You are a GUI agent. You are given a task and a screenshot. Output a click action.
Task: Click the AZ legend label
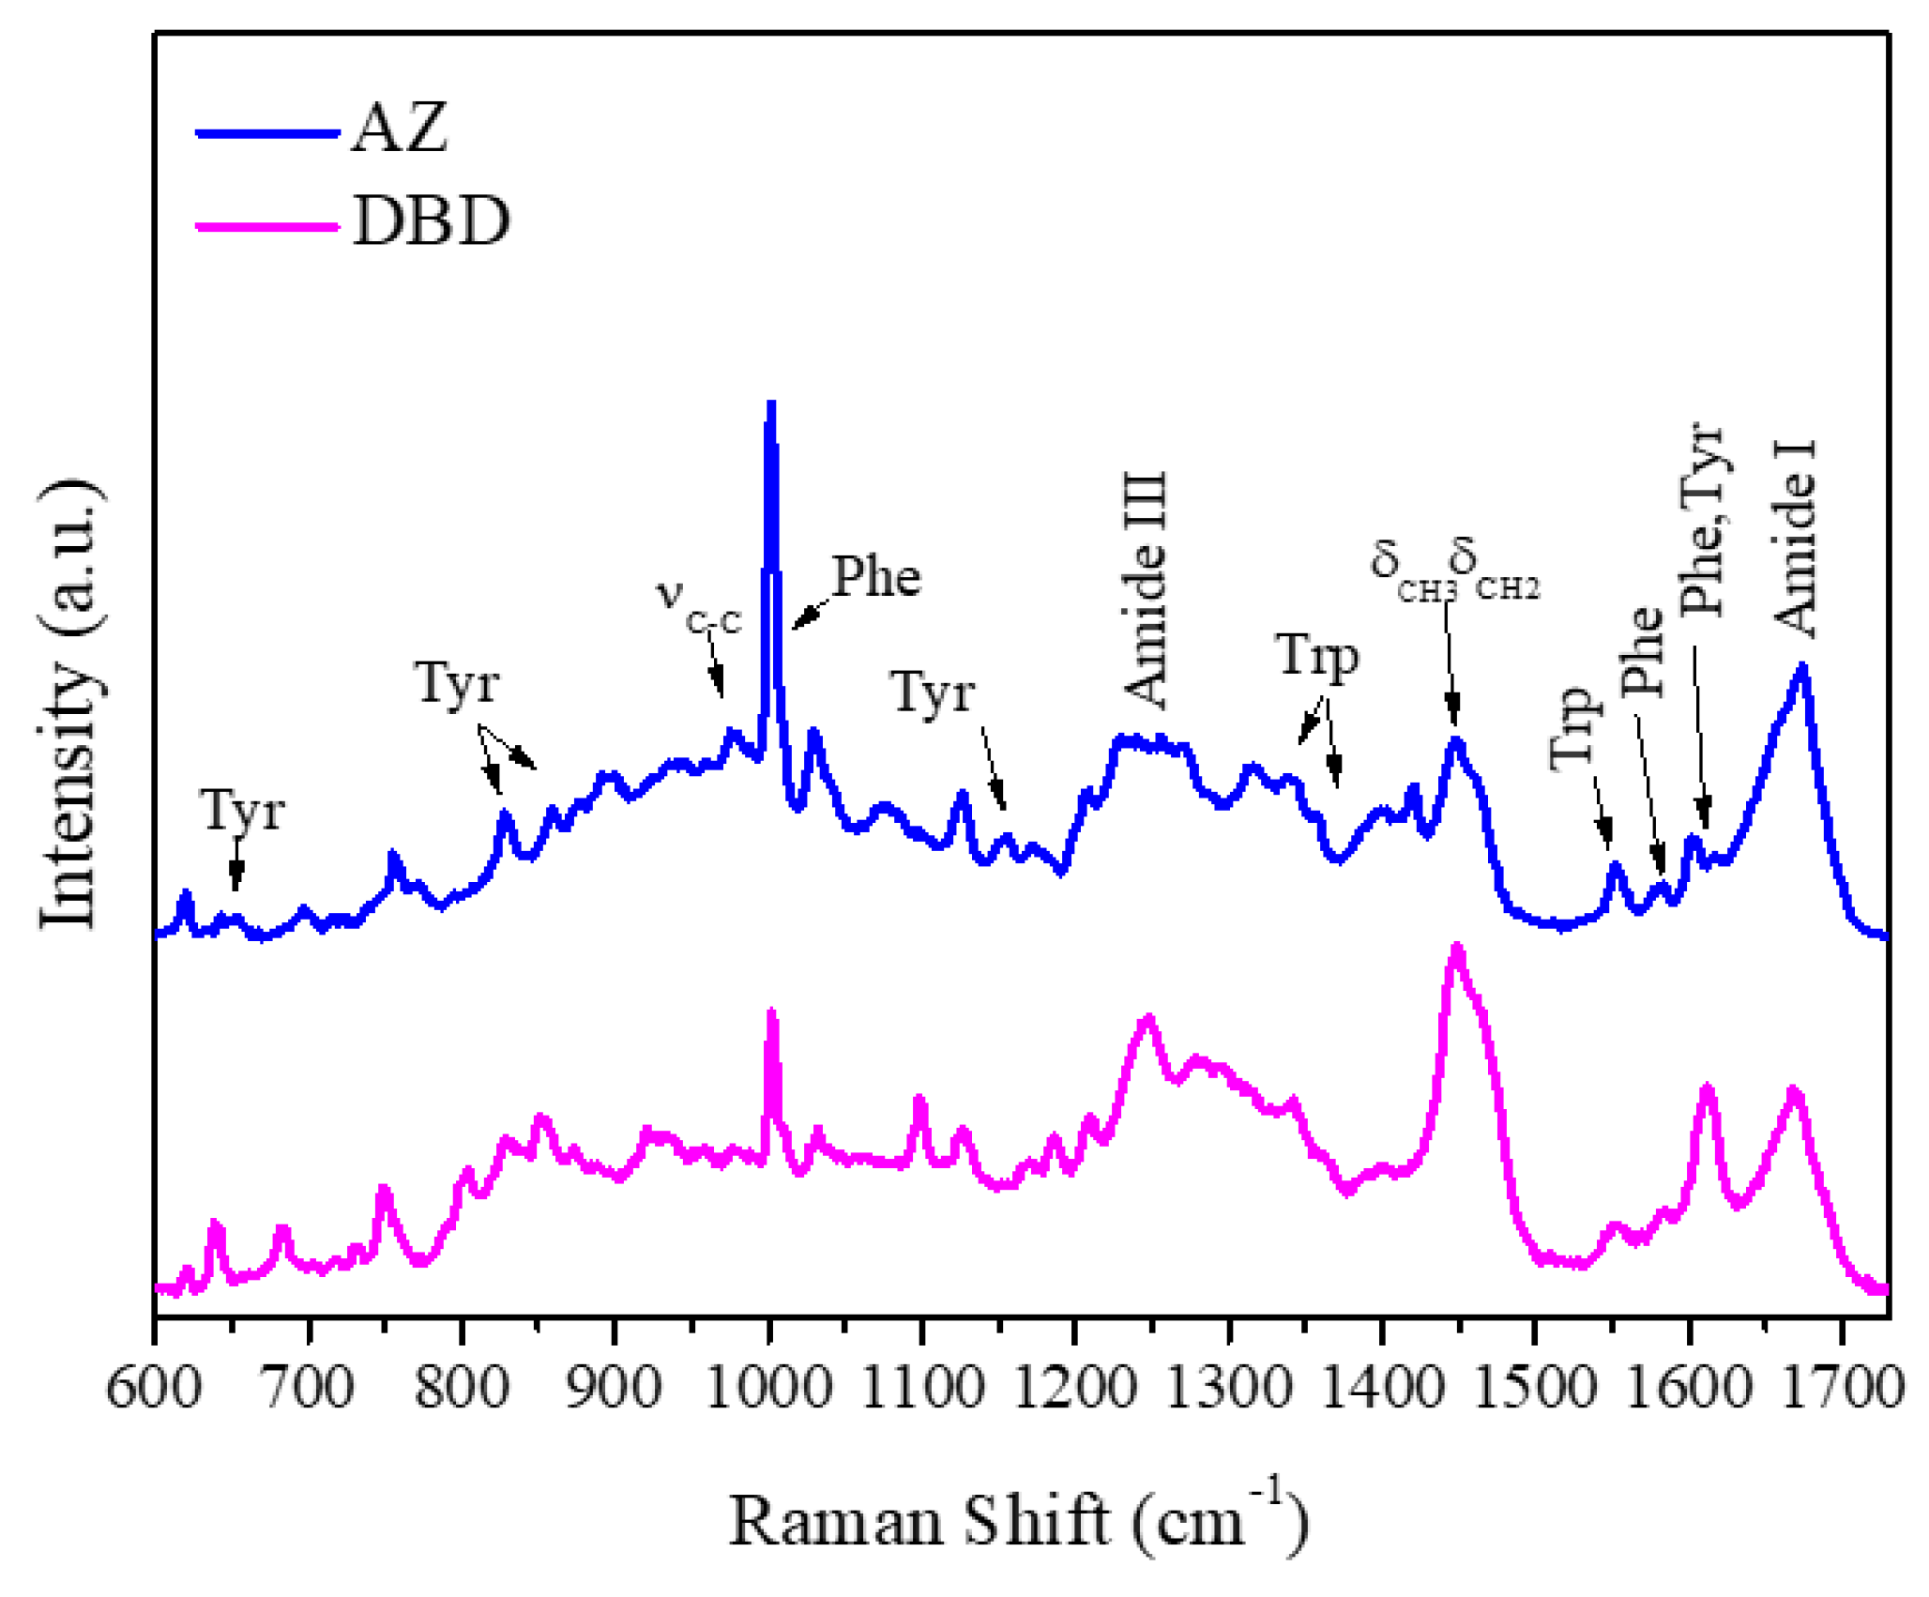(x=400, y=129)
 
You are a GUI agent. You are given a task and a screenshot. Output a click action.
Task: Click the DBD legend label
(x=432, y=222)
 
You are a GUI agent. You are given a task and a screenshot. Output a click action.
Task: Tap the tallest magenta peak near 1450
(x=1456, y=948)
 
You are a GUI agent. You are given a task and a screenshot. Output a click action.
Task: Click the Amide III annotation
(x=1146, y=589)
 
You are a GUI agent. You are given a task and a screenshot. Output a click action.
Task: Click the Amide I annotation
(x=1794, y=539)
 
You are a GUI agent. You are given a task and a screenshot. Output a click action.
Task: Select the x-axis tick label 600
(x=154, y=1387)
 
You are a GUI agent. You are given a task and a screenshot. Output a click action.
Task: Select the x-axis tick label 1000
(x=768, y=1387)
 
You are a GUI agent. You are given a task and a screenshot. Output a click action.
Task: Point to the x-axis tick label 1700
(x=1843, y=1387)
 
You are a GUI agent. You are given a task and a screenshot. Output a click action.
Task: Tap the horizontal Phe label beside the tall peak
(x=876, y=576)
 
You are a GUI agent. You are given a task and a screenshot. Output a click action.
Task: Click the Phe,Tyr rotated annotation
(x=1701, y=521)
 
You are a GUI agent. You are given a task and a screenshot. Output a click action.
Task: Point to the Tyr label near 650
(x=242, y=811)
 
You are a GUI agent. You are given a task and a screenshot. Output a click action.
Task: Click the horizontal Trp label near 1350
(x=1316, y=655)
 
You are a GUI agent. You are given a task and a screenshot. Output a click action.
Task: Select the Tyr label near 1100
(x=933, y=693)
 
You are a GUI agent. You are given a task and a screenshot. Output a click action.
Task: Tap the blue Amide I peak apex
(x=1801, y=667)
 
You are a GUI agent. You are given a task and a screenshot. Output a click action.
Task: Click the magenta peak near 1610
(x=1707, y=1088)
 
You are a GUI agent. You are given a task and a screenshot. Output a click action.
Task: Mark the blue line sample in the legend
(x=266, y=133)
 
